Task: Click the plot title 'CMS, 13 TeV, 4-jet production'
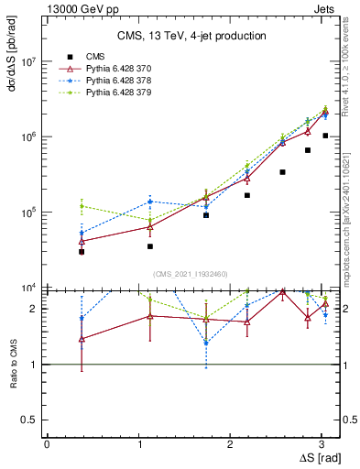point(191,36)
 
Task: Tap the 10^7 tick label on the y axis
point(27,61)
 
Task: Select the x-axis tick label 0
point(47,444)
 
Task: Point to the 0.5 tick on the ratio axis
point(30,420)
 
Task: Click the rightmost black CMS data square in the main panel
point(325,136)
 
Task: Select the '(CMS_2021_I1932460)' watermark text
point(191,273)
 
